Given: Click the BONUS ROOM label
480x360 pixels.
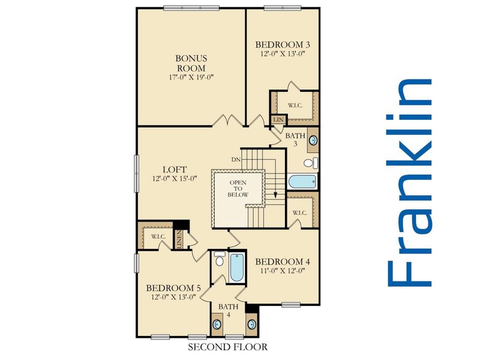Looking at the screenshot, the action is click(x=191, y=63).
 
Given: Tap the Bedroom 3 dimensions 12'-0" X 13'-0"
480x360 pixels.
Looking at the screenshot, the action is click(x=283, y=54).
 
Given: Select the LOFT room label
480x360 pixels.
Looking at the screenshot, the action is click(x=175, y=169).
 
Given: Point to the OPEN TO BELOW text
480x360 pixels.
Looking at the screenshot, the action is click(x=238, y=188).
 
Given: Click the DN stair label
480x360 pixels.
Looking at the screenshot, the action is click(x=236, y=160).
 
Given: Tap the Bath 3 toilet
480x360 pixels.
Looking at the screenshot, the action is click(x=311, y=163).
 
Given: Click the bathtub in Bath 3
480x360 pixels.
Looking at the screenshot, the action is click(x=302, y=182).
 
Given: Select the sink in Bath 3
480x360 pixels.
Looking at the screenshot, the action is click(x=313, y=140).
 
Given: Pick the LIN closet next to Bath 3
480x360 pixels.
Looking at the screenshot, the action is click(x=278, y=119).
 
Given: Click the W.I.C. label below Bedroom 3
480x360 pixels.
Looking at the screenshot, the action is click(x=295, y=106).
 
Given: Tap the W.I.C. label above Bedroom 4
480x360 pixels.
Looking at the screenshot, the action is click(x=299, y=213).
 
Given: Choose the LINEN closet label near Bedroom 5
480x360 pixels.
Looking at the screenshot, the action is click(x=179, y=239).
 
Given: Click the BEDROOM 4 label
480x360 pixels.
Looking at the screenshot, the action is click(x=283, y=262).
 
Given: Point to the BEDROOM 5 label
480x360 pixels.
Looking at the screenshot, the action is click(x=173, y=288).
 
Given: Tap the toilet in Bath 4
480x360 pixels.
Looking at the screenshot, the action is click(x=219, y=259).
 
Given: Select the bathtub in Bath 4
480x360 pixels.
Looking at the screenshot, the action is click(x=236, y=268).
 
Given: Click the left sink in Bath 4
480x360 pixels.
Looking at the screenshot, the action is click(x=217, y=324).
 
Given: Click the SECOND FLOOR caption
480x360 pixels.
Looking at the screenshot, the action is click(x=228, y=347).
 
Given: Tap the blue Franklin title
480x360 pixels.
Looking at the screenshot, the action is click(x=410, y=183).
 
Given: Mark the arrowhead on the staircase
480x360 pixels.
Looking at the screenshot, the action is click(x=275, y=194).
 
